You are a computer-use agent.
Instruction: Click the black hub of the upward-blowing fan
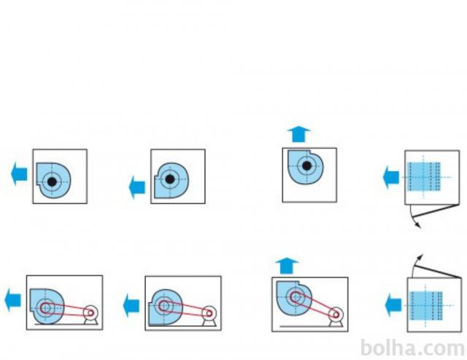click(308, 167)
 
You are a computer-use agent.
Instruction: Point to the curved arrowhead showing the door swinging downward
click(419, 226)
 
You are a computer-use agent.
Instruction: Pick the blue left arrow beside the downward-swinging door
click(392, 176)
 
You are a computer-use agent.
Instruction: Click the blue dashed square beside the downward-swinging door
click(425, 176)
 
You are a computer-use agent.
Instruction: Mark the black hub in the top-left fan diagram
click(51, 180)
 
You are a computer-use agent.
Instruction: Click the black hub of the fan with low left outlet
click(169, 178)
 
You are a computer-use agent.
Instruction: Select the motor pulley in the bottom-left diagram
click(90, 313)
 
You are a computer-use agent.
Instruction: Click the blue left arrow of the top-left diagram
click(20, 175)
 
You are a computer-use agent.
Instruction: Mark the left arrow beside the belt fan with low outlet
click(131, 302)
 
